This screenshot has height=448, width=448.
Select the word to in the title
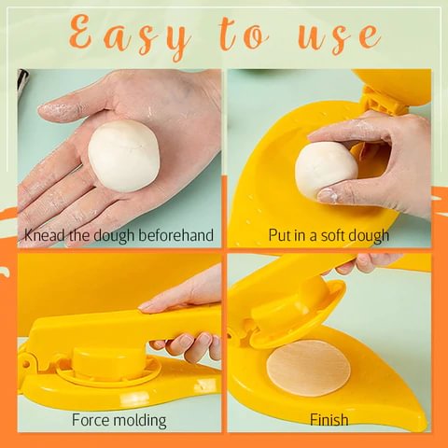[x=244, y=35]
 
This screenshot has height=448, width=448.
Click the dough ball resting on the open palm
[x=124, y=156]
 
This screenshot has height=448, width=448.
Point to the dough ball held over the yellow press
[x=326, y=170]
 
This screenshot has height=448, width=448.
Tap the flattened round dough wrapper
[x=309, y=368]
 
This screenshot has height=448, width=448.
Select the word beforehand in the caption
[x=175, y=235]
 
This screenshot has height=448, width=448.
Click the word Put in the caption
[x=280, y=235]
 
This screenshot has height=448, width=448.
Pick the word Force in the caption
[x=90, y=420]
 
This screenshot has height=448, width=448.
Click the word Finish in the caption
[x=329, y=420]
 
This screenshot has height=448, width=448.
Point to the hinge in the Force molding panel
[x=31, y=361]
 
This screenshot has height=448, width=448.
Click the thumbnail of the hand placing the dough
[x=325, y=194]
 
